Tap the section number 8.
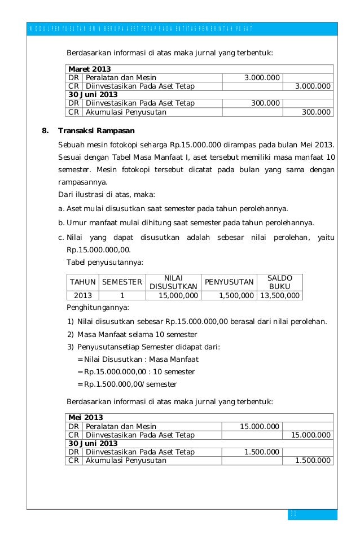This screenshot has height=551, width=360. (46, 132)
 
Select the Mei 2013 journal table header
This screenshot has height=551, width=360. (86, 418)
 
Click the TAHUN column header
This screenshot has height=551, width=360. (82, 282)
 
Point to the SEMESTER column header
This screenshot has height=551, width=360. (122, 282)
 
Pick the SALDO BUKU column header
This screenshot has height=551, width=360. (279, 282)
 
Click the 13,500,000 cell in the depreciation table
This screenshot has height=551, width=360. (279, 295)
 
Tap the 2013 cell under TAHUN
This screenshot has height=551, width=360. (82, 295)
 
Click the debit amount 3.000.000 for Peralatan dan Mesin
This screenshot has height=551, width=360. (261, 77)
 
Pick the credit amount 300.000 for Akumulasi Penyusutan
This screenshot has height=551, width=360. (316, 112)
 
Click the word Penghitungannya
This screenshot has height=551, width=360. (98, 308)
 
